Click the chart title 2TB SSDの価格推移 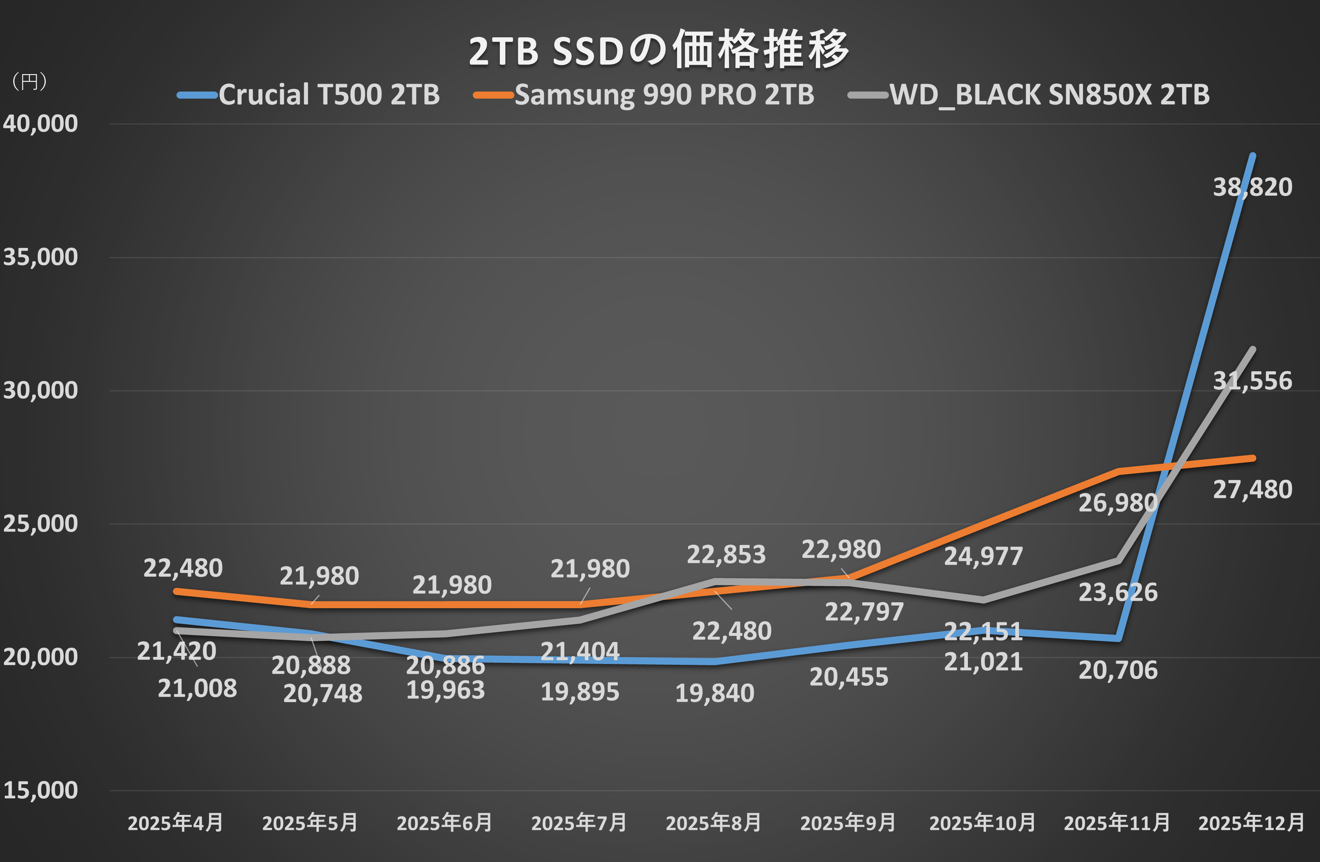coord(659,50)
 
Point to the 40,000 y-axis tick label coord(40,124)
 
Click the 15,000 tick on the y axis coord(40,790)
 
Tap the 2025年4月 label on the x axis coord(175,823)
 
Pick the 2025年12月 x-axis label coord(1251,823)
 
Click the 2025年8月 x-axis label coord(713,823)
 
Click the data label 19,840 coord(714,693)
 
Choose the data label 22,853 coord(726,555)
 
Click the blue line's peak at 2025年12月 coord(1253,156)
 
